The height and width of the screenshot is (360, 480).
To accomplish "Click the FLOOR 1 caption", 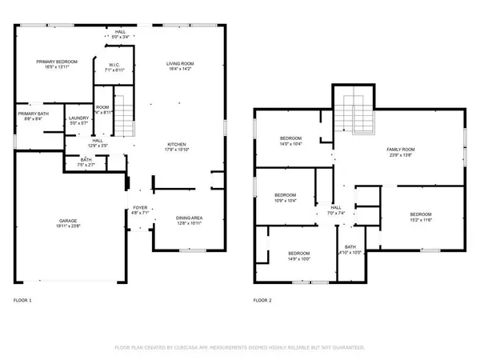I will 23,300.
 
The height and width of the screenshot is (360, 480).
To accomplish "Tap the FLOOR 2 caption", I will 262,300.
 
